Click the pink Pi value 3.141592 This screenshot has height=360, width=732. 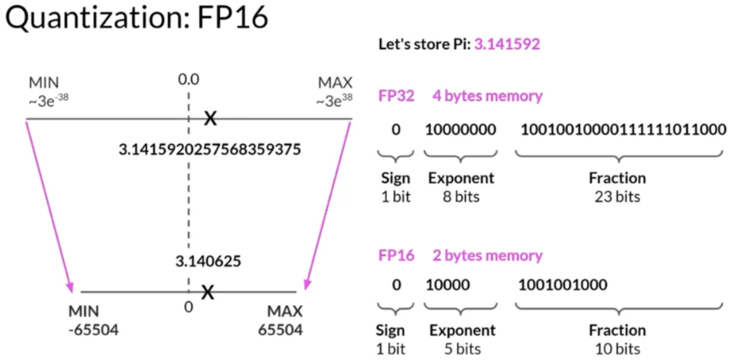click(506, 45)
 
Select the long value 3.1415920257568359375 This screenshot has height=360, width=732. click(210, 149)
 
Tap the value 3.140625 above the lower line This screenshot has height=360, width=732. click(208, 261)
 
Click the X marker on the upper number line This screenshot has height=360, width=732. click(209, 118)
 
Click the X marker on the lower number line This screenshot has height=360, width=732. click(207, 292)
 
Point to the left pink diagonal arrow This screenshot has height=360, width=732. click(50, 204)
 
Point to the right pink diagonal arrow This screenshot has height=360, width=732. click(328, 204)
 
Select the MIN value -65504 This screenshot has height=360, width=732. click(93, 329)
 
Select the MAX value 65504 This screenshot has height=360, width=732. click(280, 329)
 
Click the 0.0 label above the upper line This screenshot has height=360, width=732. click(188, 80)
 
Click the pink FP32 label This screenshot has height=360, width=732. click(396, 96)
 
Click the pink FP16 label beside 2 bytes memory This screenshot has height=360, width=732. click(396, 256)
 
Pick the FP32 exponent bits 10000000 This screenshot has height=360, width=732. click(461, 130)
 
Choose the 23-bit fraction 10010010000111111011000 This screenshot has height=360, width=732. click(623, 130)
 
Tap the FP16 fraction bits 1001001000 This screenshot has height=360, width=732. click(563, 284)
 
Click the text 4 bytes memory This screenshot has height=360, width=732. click(487, 96)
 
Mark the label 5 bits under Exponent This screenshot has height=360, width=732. click(462, 349)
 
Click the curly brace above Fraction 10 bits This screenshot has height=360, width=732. click(618, 309)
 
